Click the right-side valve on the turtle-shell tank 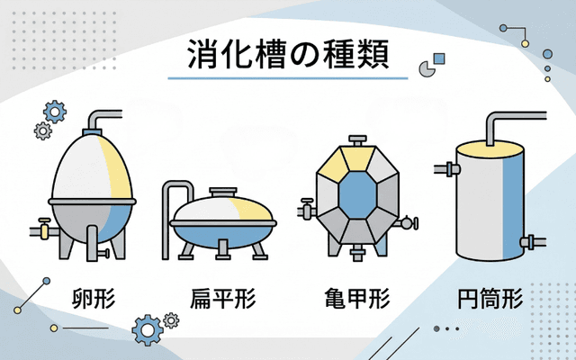407,221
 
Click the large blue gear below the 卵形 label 145,330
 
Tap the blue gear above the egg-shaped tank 55,112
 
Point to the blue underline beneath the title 287,78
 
